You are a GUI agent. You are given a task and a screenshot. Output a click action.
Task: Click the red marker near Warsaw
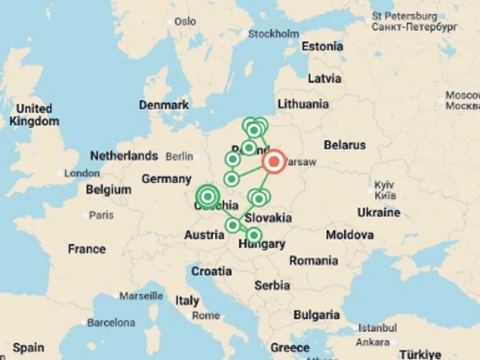(273, 161)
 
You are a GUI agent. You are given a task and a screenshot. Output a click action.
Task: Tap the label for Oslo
(185, 21)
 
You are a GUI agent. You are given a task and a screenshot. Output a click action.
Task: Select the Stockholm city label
(274, 34)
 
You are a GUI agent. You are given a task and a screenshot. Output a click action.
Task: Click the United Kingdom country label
(34, 115)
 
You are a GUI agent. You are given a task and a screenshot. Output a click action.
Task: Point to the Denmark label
(164, 105)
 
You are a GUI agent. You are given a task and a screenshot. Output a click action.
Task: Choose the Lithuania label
(303, 104)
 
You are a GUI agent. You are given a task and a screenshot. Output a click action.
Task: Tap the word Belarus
(344, 145)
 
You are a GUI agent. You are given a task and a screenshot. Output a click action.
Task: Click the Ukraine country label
(379, 212)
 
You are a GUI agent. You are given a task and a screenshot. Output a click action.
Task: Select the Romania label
(313, 260)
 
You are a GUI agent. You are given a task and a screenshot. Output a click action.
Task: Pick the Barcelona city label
(111, 322)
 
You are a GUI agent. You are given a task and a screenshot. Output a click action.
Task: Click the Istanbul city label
(377, 328)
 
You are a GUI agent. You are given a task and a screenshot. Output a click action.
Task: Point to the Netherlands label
(124, 156)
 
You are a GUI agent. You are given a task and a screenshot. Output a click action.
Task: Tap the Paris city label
(101, 215)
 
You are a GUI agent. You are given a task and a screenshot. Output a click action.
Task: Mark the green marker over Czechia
(207, 196)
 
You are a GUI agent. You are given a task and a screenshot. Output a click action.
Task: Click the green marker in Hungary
(253, 235)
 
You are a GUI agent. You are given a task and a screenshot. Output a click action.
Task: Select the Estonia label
(322, 46)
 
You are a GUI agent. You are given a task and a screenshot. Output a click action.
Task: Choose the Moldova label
(350, 235)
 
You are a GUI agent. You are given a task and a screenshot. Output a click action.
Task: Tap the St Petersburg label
(404, 16)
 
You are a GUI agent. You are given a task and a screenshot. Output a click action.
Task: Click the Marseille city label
(142, 295)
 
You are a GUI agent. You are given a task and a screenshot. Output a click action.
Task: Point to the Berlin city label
(179, 156)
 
